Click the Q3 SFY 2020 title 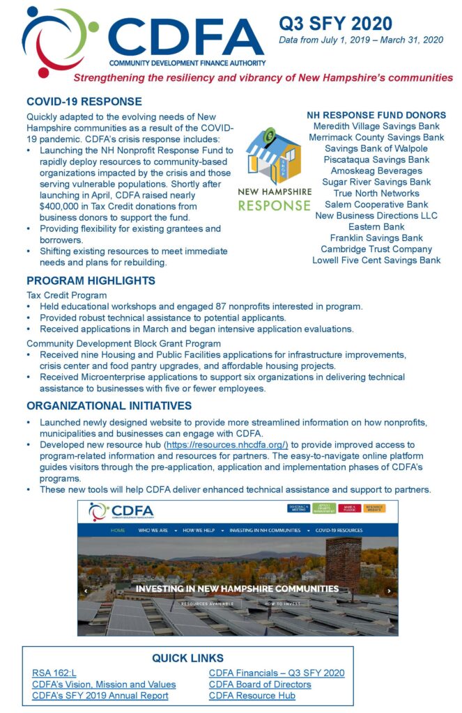(x=335, y=24)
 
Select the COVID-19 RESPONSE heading (x=84, y=102)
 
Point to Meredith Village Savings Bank (x=376, y=126)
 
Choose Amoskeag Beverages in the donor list (x=376, y=171)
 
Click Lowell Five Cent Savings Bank (x=376, y=260)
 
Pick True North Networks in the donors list (x=376, y=193)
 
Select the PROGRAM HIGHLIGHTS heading (x=91, y=281)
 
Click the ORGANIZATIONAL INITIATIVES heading (x=109, y=406)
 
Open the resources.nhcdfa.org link (x=226, y=445)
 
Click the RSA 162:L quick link (x=54, y=673)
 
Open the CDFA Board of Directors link (x=260, y=684)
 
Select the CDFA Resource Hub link (x=252, y=695)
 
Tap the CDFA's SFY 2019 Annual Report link (x=100, y=695)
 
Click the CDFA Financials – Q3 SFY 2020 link (x=277, y=673)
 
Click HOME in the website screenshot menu (x=118, y=530)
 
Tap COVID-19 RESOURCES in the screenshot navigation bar (x=339, y=530)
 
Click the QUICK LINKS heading (x=187, y=658)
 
